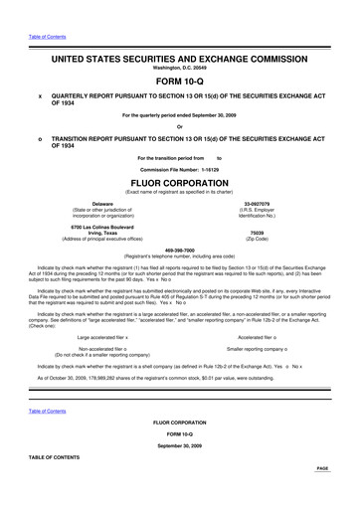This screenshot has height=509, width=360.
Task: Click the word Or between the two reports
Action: [180, 125]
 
